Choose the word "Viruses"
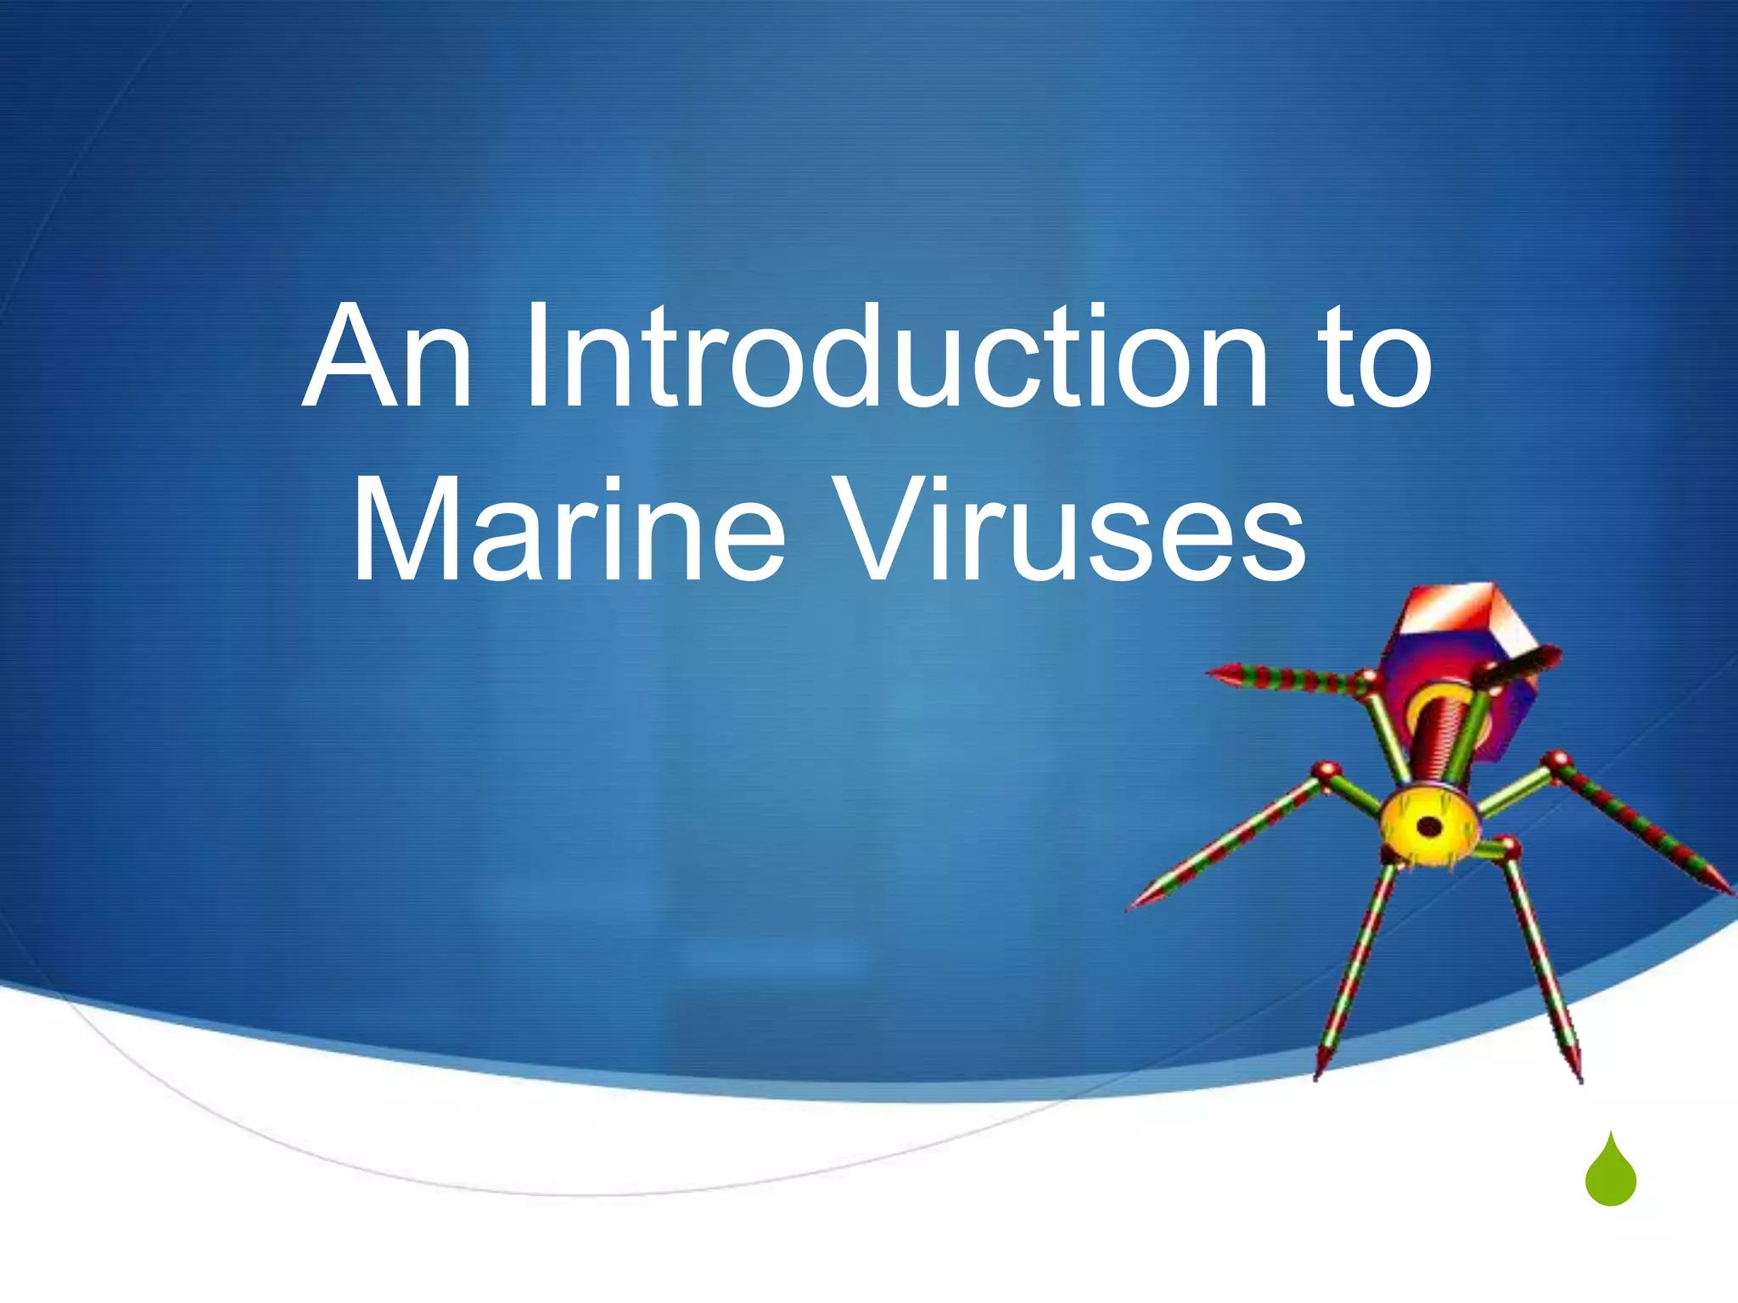pos(1074,529)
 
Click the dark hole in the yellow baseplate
pos(1430,825)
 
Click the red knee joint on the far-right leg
pos(1558,759)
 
